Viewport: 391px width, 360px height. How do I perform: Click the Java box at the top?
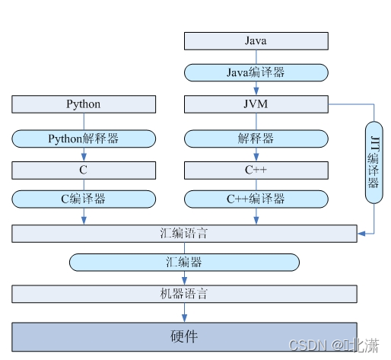(256, 41)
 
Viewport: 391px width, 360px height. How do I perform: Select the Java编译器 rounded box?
(256, 72)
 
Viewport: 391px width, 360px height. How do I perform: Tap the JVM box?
(256, 104)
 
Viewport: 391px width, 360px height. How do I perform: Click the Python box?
(84, 104)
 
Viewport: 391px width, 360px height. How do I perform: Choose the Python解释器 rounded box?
(84, 139)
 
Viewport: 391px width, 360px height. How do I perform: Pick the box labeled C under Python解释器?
(84, 169)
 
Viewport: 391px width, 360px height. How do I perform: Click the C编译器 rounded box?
(84, 199)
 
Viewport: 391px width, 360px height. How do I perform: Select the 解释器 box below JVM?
(256, 139)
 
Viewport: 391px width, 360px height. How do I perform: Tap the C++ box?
(256, 169)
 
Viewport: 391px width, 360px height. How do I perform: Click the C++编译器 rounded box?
(256, 199)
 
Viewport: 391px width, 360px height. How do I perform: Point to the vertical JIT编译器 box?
(374, 161)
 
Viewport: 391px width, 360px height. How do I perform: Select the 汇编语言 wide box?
(184, 233)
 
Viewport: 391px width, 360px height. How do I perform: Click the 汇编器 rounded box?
(184, 263)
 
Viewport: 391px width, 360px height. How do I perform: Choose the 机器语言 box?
(184, 294)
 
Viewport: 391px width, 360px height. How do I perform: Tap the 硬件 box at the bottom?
(184, 336)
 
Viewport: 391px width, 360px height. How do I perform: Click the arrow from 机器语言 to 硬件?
(184, 312)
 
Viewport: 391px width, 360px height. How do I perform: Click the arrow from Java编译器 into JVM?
(256, 88)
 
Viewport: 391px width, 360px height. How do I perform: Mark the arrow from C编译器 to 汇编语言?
(84, 216)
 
